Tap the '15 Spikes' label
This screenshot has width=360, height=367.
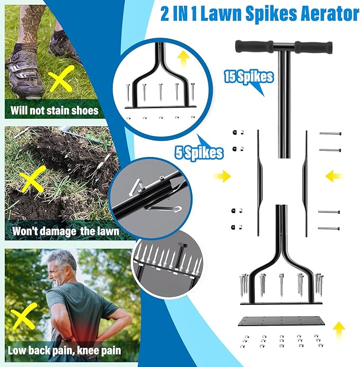click(249, 77)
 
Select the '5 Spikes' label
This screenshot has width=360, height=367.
click(199, 154)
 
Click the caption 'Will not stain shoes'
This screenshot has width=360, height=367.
click(55, 111)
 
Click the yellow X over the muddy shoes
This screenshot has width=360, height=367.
click(60, 82)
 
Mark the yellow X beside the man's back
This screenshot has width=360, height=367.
click(24, 317)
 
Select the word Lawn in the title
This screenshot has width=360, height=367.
click(235, 14)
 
